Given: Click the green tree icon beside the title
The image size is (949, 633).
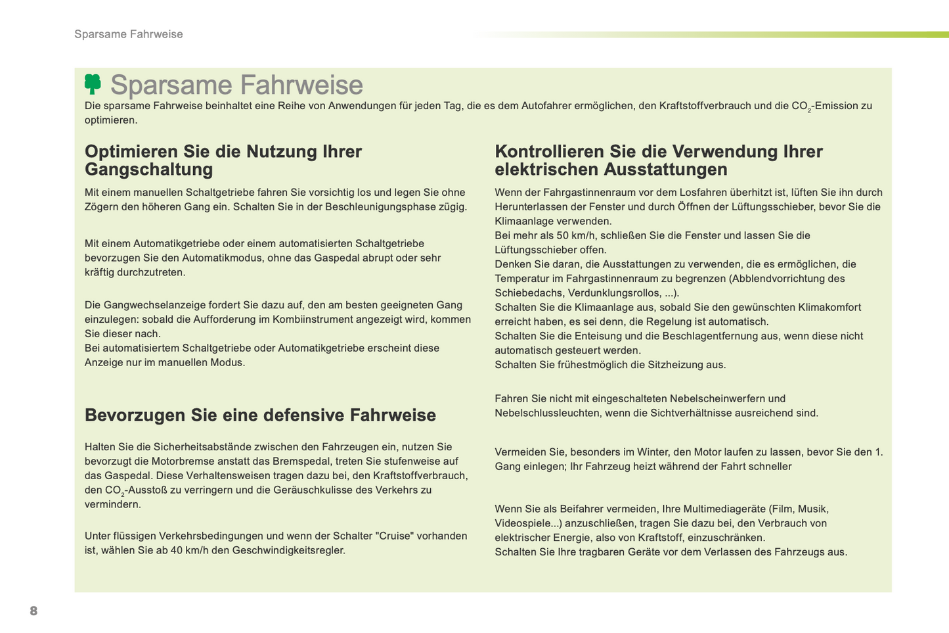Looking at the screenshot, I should (93, 84).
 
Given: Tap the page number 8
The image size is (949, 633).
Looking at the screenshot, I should (33, 611).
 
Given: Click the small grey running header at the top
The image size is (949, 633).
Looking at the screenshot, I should (129, 34).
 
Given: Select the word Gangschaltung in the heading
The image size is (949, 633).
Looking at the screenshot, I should (149, 170).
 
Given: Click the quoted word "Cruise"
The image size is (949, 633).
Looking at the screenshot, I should (395, 536).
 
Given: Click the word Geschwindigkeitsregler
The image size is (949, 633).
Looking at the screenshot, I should (288, 550).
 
